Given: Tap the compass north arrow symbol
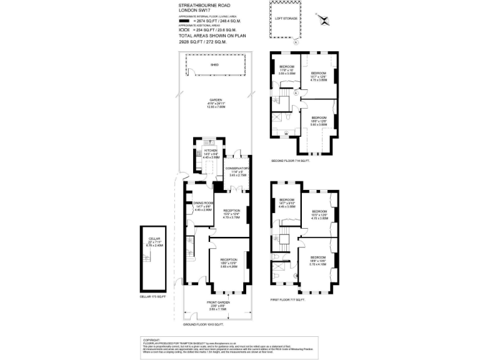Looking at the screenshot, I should point(324,18).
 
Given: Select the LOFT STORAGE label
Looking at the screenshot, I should point(286,18).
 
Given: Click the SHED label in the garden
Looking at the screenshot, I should point(214,64).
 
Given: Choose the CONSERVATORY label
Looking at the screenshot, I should point(237,168).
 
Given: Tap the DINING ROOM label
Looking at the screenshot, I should point(204,204).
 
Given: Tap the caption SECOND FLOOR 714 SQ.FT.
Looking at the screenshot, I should point(291,161).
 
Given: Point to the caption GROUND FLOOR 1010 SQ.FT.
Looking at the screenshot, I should point(203,326).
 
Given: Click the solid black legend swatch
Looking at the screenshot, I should point(184,20).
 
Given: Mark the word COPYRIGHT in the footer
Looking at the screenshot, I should point(152,339).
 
